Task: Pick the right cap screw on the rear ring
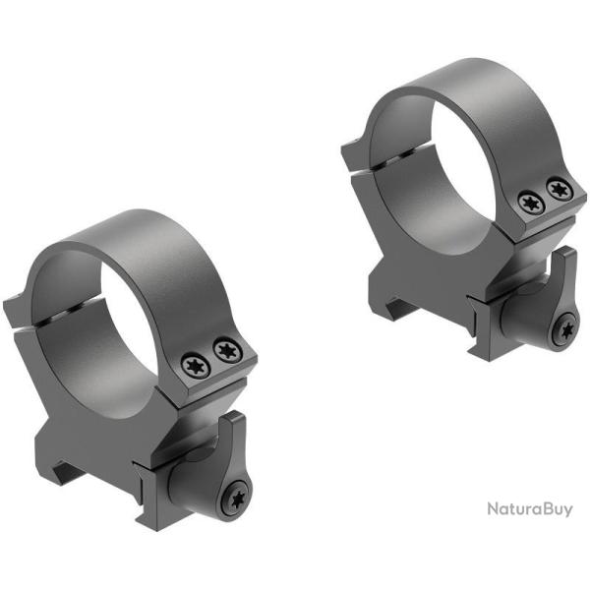click(559, 188)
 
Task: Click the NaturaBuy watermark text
click(528, 509)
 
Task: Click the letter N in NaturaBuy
click(493, 509)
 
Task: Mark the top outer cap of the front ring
click(147, 236)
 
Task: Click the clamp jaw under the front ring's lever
click(157, 492)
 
